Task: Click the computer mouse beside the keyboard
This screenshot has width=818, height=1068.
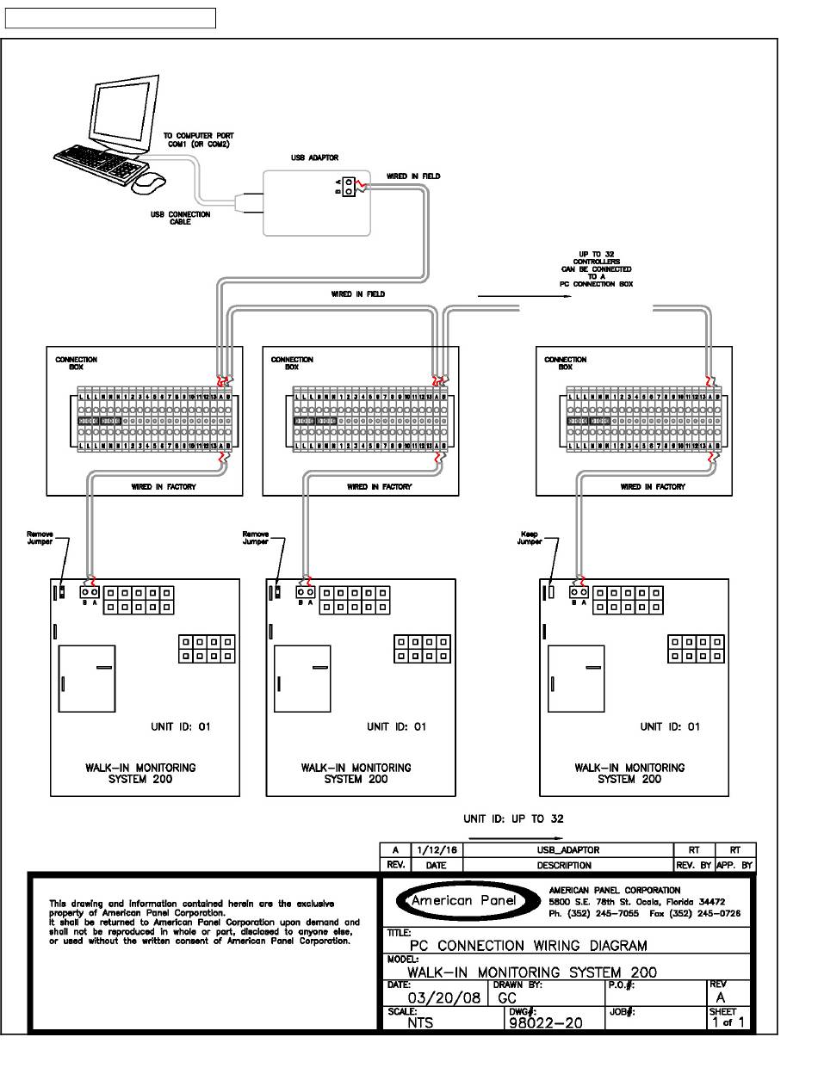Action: point(149,182)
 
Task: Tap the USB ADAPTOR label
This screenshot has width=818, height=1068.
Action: point(315,158)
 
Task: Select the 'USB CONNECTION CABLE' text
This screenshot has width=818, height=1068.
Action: point(180,218)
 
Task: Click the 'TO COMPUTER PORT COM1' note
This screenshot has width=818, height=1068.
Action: point(198,140)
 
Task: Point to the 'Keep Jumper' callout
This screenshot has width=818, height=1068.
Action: point(530,538)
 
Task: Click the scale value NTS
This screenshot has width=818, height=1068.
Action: point(421,1023)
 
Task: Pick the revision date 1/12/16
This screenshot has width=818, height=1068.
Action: point(437,850)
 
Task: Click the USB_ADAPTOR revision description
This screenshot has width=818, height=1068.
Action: point(568,850)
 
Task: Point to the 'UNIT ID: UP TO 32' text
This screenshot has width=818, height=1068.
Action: point(514,818)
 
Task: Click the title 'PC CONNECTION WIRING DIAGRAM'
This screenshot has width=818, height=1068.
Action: point(528,946)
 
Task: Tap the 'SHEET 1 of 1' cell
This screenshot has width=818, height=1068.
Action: point(728,1018)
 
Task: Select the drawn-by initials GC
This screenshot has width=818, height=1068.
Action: point(506,998)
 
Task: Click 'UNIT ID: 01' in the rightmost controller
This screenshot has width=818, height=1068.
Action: point(670,727)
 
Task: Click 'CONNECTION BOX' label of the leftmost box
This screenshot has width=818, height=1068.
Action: point(77,363)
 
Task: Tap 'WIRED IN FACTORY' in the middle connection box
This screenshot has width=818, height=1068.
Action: point(379,487)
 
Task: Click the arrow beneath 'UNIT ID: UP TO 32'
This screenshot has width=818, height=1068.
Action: point(514,836)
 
